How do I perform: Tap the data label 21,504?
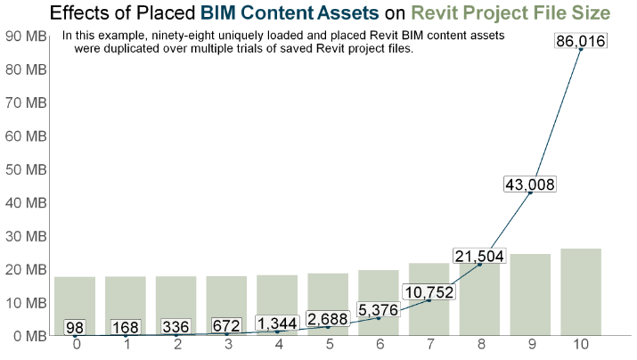tap(479, 257)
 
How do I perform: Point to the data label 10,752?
tap(429, 292)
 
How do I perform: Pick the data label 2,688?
tap(328, 319)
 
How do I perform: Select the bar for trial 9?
tap(530, 294)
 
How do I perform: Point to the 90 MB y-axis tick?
tap(26, 36)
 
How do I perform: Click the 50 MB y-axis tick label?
tap(26, 169)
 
